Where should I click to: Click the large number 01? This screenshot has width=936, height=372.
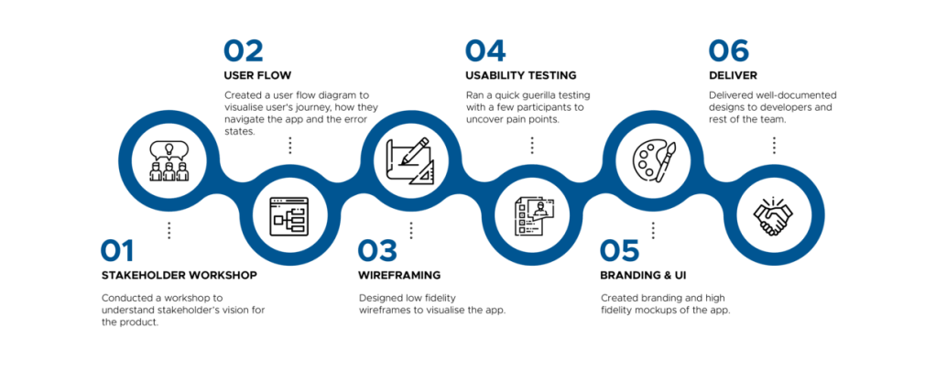pyautogui.click(x=118, y=251)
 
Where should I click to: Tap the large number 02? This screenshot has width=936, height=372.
pyautogui.click(x=244, y=50)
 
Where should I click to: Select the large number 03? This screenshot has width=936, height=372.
pyautogui.click(x=376, y=251)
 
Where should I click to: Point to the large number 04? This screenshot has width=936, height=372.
pyautogui.click(x=484, y=50)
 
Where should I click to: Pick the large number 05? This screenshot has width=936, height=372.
pyautogui.click(x=620, y=251)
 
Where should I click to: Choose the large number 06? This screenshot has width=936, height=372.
pyautogui.click(x=729, y=50)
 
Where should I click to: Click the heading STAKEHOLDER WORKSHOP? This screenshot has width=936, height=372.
pyautogui.click(x=178, y=275)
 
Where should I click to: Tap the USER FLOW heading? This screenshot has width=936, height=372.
pyautogui.click(x=256, y=74)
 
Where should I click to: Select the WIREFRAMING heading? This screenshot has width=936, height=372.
pyautogui.click(x=399, y=275)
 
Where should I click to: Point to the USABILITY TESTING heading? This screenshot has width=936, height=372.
pyautogui.click(x=519, y=74)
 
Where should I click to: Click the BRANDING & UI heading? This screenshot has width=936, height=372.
pyautogui.click(x=642, y=275)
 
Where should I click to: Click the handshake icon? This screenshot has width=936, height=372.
pyautogui.click(x=774, y=217)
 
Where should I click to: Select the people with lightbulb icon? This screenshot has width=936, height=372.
pyautogui.click(x=167, y=158)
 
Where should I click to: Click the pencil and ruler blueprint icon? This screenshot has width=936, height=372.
pyautogui.click(x=408, y=158)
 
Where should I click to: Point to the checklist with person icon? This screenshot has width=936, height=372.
pyautogui.click(x=530, y=217)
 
